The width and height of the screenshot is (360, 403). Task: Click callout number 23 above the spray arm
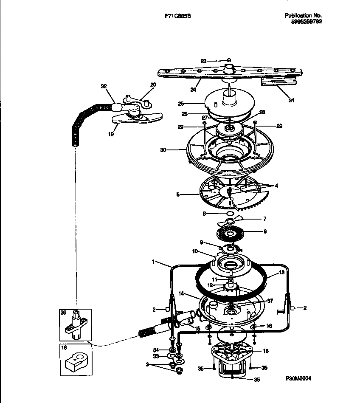pos(203,61)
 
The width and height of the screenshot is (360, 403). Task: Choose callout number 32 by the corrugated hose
pos(103,86)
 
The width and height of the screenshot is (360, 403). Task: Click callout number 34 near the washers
pos(156,349)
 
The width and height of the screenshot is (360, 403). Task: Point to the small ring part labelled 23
pos(229,60)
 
